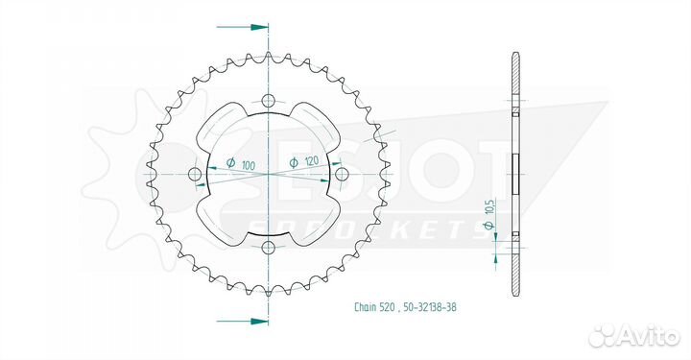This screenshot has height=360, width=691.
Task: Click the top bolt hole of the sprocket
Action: [268, 100]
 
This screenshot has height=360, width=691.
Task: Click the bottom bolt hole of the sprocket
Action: [268, 248]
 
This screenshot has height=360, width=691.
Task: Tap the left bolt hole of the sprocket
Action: [195, 174]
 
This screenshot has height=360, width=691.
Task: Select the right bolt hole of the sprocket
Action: [342, 174]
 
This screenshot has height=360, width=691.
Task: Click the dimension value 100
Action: [249, 165]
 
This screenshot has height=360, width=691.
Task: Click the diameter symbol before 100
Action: [230, 163]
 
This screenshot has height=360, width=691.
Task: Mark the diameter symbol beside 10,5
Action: [488, 225]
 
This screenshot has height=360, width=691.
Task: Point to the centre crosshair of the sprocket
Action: [268, 174]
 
